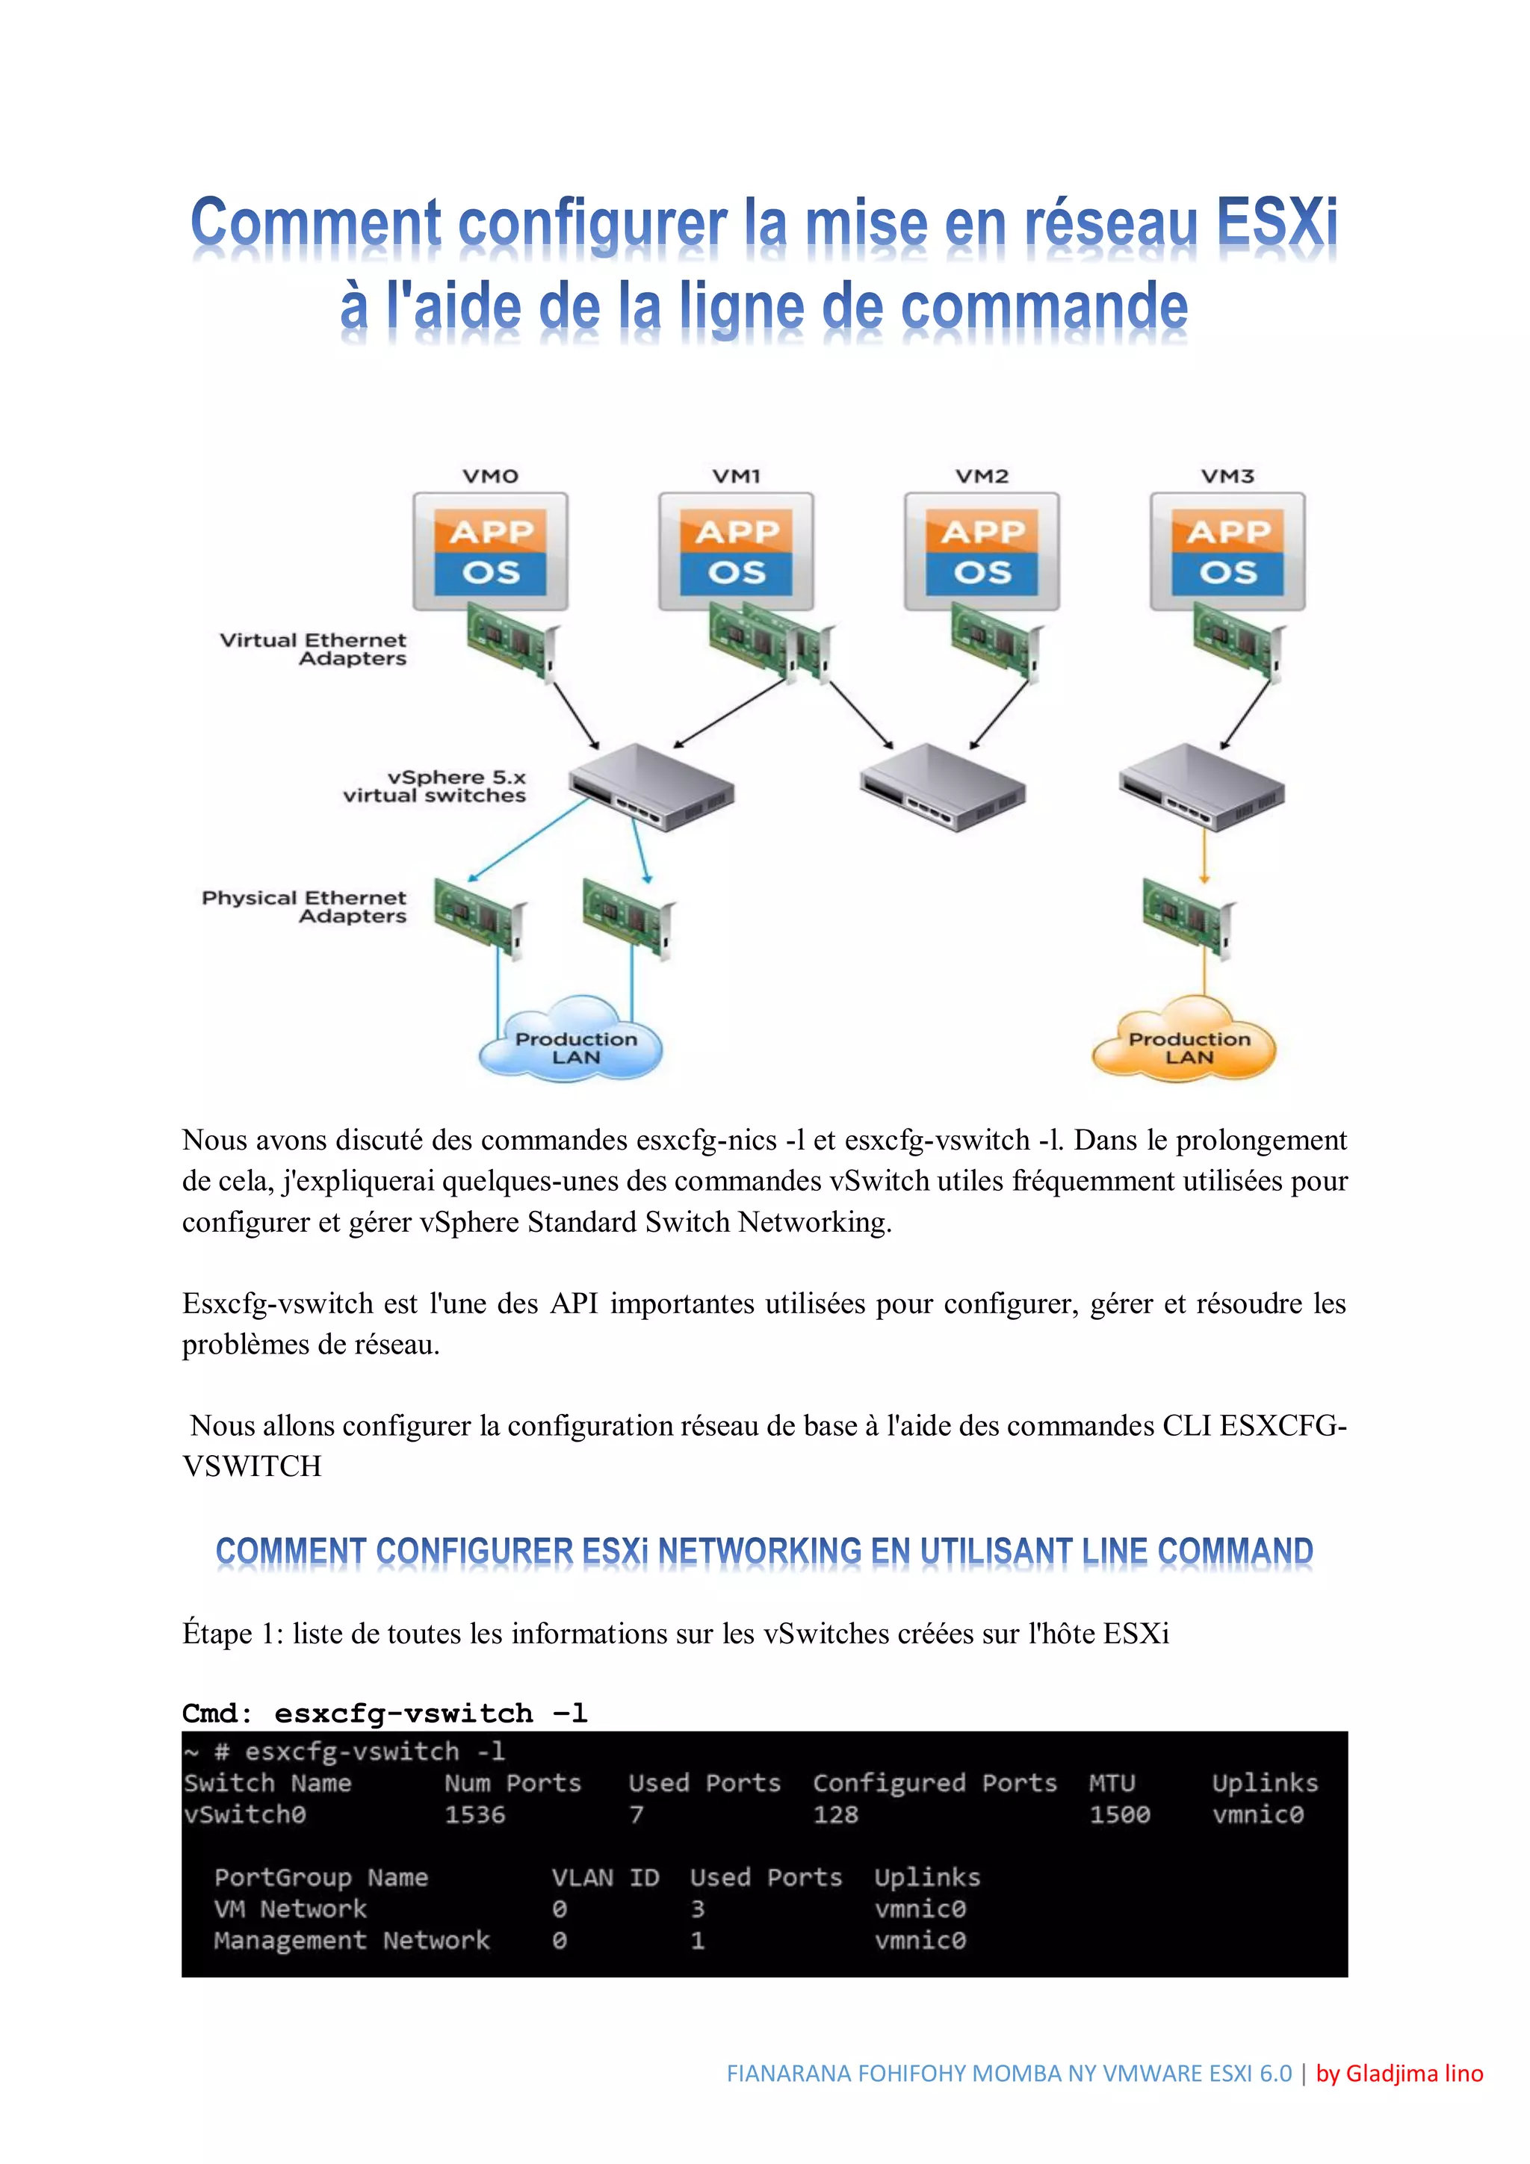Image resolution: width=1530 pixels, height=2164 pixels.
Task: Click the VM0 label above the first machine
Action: [490, 476]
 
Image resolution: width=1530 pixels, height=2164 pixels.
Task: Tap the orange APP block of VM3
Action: [1227, 532]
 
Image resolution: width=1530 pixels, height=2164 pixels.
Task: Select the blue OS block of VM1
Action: [737, 573]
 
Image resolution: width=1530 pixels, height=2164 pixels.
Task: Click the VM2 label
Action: [982, 476]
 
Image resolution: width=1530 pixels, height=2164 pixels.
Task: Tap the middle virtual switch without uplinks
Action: [942, 787]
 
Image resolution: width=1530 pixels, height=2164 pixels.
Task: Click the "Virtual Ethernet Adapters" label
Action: [314, 648]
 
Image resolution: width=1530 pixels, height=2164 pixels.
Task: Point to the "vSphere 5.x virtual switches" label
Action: [435, 786]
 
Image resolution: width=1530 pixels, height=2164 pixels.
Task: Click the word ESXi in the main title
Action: [1277, 223]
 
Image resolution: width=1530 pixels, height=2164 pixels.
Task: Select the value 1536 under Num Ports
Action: [475, 1814]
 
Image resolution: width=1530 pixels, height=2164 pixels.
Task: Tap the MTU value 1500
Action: [1119, 1814]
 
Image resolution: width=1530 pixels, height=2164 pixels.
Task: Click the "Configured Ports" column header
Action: [935, 1782]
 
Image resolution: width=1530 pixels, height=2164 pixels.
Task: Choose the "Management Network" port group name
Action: [352, 1940]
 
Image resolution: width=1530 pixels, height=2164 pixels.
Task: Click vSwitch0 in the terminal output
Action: [245, 1814]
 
